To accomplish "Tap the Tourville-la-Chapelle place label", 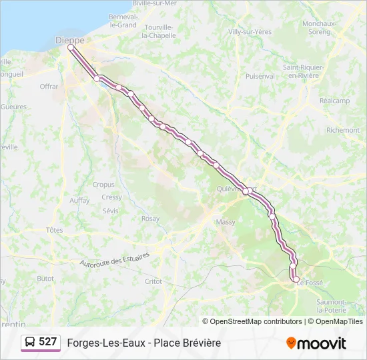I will tap(159, 31).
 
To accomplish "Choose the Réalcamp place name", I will tap(334, 101).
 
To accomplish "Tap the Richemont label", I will tap(343, 130).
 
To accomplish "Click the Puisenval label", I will tap(260, 76).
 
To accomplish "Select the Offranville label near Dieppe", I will tap(49, 87).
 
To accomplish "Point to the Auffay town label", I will tap(79, 200).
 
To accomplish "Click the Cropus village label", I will tap(103, 185).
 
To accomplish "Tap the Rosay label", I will tap(150, 219).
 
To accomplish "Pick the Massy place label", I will tap(226, 221).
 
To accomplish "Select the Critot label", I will tap(153, 281).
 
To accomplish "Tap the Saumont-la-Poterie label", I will tap(331, 305).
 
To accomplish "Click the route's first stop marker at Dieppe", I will tap(71, 48).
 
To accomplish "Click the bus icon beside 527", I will tap(31, 342).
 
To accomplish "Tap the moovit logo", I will tap(316, 343).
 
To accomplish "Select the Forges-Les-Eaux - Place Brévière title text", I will tap(143, 343).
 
